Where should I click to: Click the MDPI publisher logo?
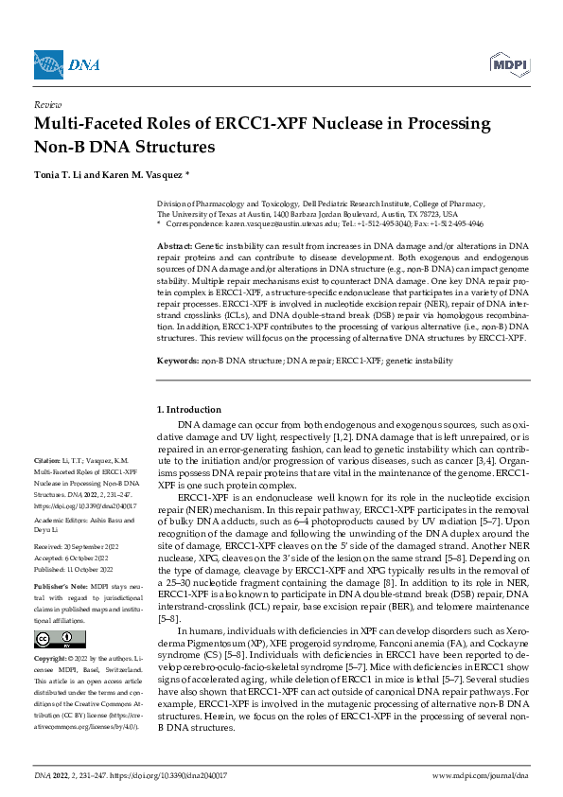coord(510,63)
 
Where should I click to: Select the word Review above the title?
coord(47,105)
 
